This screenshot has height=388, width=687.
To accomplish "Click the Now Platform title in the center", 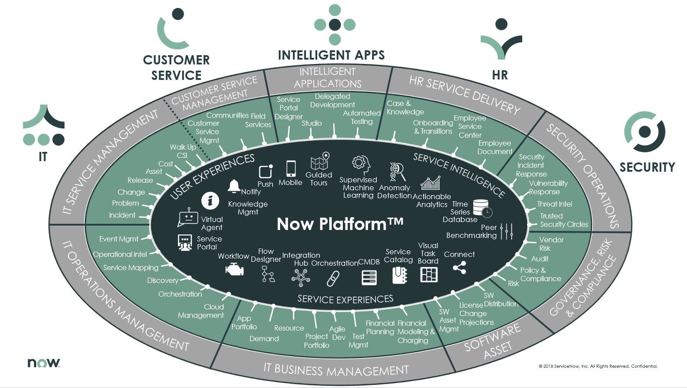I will pyautogui.click(x=340, y=224).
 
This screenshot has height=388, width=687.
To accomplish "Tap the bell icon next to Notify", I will pyautogui.click(x=234, y=186).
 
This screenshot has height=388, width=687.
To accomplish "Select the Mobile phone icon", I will pyautogui.click(x=291, y=169).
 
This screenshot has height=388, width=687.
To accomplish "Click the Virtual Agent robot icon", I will pyautogui.click(x=188, y=218).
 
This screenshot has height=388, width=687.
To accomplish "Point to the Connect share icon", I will pyautogui.click(x=459, y=267).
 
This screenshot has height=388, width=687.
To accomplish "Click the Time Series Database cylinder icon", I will pyautogui.click(x=482, y=208).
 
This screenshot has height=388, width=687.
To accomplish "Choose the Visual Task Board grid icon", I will pyautogui.click(x=429, y=275).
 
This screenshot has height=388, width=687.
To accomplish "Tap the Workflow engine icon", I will pyautogui.click(x=235, y=269).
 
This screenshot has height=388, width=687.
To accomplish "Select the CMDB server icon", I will pyautogui.click(x=369, y=277).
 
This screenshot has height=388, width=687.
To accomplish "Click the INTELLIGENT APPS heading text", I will pyautogui.click(x=331, y=55).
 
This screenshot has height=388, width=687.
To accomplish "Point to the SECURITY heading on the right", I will pyautogui.click(x=647, y=167).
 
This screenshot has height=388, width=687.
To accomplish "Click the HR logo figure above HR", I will pyautogui.click(x=501, y=40).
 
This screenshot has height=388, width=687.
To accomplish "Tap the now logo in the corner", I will pyautogui.click(x=44, y=362).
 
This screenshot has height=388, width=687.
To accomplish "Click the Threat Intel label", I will pyautogui.click(x=554, y=204).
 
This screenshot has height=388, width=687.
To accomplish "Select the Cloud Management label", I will pyautogui.click(x=201, y=311).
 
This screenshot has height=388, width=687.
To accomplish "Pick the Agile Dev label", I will pyautogui.click(x=338, y=333).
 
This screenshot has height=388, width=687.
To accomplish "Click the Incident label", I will pyautogui.click(x=122, y=215).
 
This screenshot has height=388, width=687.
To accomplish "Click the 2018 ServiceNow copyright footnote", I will pyautogui.click(x=598, y=366).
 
